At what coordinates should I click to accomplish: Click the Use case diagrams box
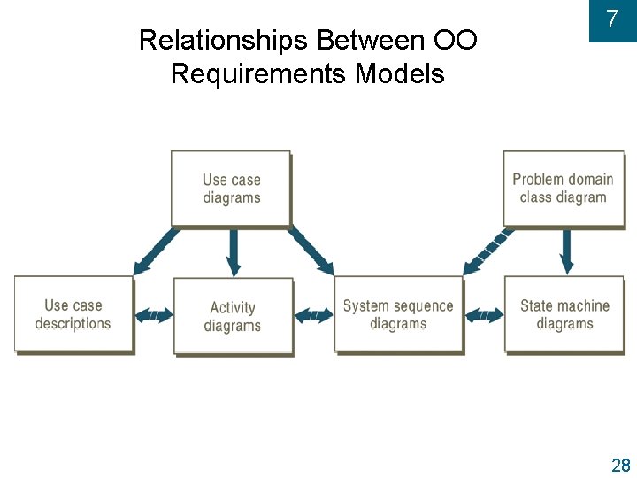coord(231,189)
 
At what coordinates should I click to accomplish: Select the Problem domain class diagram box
coord(563,188)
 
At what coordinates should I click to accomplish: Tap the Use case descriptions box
coord(73,314)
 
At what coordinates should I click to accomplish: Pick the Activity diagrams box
coord(233,316)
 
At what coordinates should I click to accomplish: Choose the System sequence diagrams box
coord(398,314)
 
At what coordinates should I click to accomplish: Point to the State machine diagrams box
coord(564,314)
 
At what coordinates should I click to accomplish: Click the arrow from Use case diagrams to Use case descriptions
coord(156,250)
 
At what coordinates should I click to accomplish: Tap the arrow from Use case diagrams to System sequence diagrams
coord(311,250)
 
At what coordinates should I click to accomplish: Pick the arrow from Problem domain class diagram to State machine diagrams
coord(566,251)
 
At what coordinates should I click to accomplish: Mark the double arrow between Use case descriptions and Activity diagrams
coord(154,314)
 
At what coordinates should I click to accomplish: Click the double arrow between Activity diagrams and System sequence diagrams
coord(314,314)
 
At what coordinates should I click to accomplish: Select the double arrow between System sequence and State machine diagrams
coord(484,314)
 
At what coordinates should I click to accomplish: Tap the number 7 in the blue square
coord(612,19)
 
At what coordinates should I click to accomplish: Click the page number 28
coord(620,466)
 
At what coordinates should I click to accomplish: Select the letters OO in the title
coord(456,41)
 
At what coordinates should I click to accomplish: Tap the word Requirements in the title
coord(258,73)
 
